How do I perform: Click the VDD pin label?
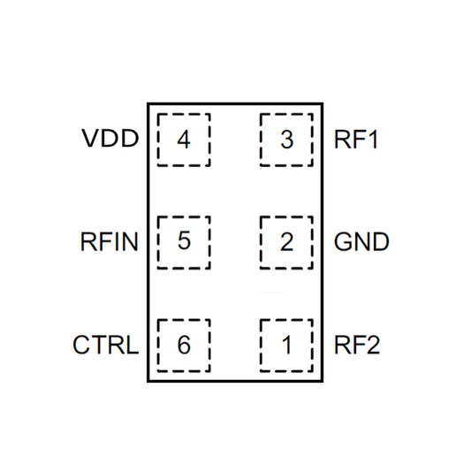110,140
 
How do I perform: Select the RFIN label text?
109,241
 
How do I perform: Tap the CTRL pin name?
105,345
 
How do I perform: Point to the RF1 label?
357,140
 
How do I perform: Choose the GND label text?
361,241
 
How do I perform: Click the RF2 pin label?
357,345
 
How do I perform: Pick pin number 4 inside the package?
184,140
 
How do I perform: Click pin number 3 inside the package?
286,140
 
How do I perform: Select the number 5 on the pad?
184,241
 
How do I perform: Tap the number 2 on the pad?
286,241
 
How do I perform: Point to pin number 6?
184,345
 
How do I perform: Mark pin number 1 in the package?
286,345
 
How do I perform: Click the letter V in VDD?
89,140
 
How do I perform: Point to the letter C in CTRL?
80,345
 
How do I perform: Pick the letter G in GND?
343,241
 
